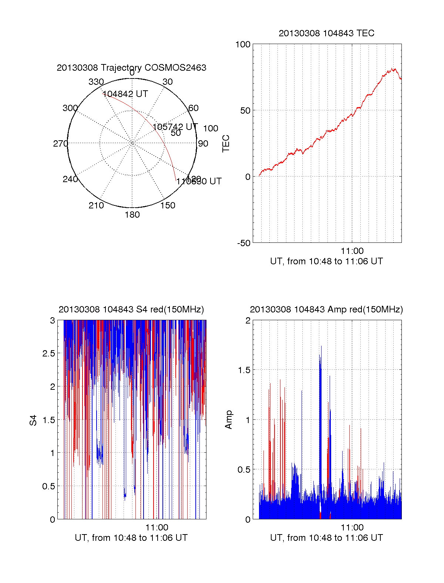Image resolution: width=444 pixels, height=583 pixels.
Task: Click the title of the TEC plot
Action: pyautogui.click(x=326, y=33)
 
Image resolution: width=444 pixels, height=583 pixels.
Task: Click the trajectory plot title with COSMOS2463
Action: pyautogui.click(x=131, y=68)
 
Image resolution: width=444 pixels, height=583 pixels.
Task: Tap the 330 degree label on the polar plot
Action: pyautogui.click(x=96, y=82)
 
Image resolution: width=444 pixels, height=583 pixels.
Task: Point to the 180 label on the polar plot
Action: pyautogui.click(x=132, y=215)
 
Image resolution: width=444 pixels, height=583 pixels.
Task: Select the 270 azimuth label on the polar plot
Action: pyautogui.click(x=60, y=144)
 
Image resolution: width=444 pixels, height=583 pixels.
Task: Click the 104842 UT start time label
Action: pyautogui.click(x=125, y=94)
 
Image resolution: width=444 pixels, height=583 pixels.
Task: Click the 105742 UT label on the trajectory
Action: pyautogui.click(x=175, y=127)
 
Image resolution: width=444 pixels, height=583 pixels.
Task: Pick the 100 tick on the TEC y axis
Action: pyautogui.click(x=243, y=44)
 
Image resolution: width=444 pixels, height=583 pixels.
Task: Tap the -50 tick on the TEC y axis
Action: pyautogui.click(x=244, y=243)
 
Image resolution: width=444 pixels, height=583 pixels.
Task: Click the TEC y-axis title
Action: pyautogui.click(x=226, y=144)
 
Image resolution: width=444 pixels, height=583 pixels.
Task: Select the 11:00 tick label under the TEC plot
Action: pyautogui.click(x=352, y=251)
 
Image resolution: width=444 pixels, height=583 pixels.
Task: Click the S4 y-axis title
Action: pyautogui.click(x=33, y=420)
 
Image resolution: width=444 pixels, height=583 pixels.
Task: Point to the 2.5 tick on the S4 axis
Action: pyautogui.click(x=49, y=354)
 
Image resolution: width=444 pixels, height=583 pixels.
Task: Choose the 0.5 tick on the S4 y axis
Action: pyautogui.click(x=49, y=486)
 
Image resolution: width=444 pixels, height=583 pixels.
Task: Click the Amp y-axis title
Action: pyautogui.click(x=229, y=420)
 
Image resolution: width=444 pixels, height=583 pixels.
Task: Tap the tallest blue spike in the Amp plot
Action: pyautogui.click(x=321, y=348)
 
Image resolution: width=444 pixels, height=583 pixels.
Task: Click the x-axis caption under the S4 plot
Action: pyautogui.click(x=131, y=538)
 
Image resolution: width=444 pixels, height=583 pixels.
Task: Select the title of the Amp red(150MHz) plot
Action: pyautogui.click(x=326, y=309)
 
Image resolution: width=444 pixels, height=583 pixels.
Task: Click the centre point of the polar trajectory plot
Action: pyautogui.click(x=132, y=143)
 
